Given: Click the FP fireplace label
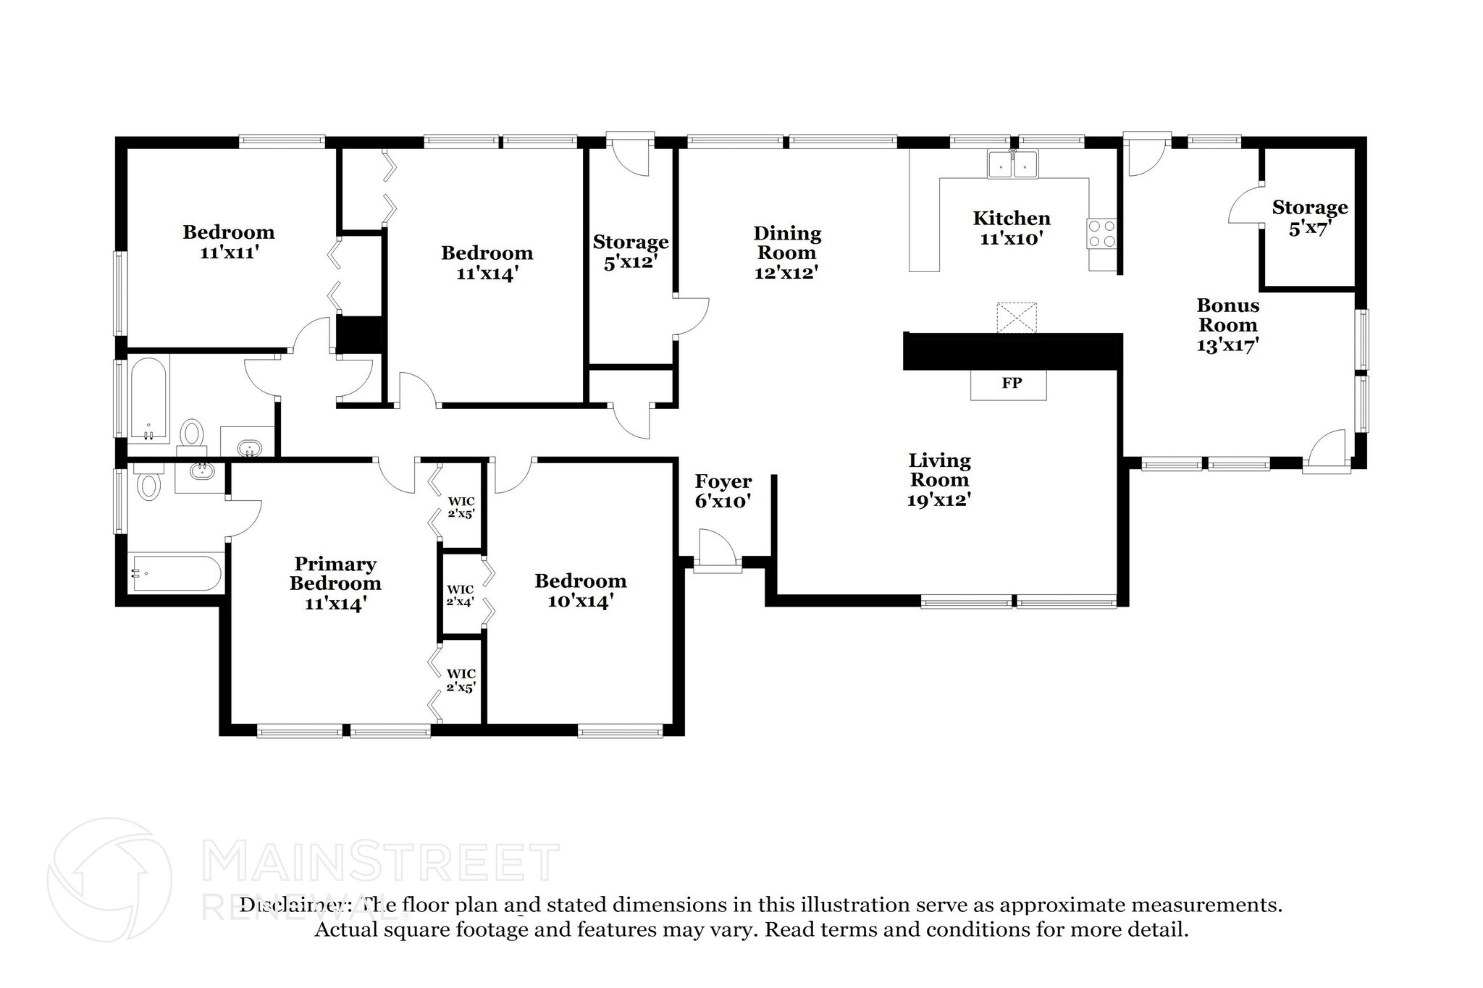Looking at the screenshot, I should [1011, 383].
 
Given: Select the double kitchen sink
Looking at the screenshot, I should [1012, 166].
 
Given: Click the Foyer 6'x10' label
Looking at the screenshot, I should [723, 491].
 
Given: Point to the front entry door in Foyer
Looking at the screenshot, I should [718, 550].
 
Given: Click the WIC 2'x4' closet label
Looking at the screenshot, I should [461, 596].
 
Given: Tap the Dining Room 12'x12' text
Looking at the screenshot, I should [786, 253].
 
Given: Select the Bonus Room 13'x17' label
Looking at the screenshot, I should [1227, 325].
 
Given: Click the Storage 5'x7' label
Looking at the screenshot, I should [1309, 218].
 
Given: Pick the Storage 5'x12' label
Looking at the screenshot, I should [630, 251].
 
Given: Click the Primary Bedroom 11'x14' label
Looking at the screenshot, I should [335, 583].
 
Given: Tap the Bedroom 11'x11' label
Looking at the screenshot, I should [229, 242].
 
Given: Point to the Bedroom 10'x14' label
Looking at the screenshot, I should [581, 591].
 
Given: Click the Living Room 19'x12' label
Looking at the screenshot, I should [939, 480].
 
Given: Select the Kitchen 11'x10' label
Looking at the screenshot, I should [1011, 228].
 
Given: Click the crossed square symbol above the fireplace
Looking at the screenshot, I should [1017, 318].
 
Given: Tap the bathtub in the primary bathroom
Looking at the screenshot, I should [176, 573].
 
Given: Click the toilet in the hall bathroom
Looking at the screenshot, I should [192, 434].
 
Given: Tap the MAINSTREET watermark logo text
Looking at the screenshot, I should [380, 862].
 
